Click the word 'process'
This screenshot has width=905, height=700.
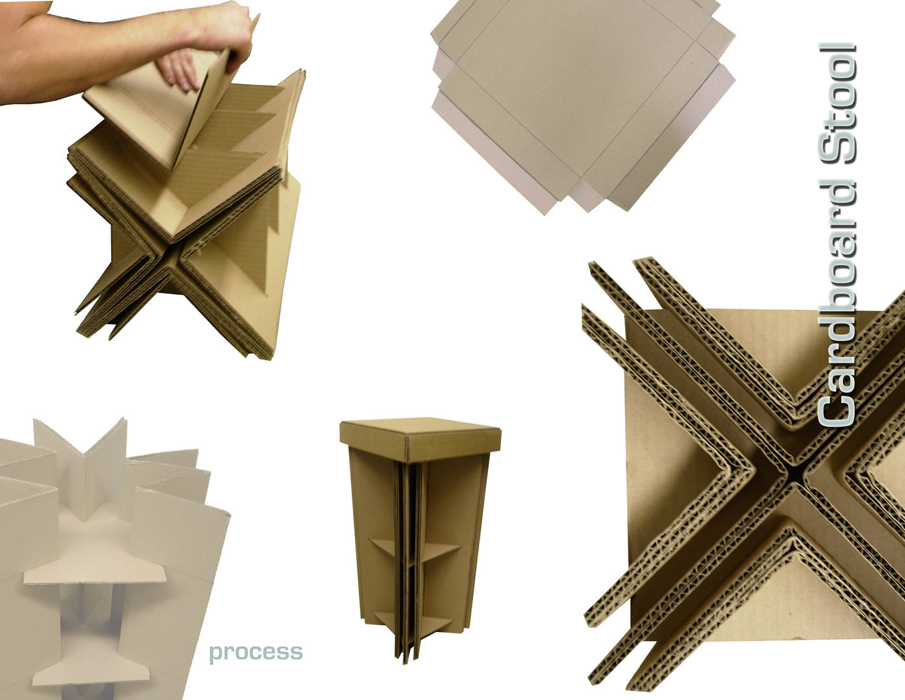coord(255,652)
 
